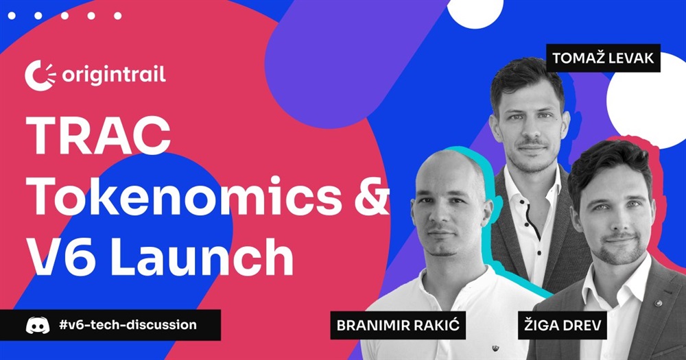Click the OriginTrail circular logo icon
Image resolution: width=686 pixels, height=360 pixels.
[40, 75]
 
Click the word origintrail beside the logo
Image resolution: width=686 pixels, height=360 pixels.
[114, 75]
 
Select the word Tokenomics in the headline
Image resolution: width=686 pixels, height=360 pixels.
[184, 195]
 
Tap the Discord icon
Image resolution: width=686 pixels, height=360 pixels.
[38, 326]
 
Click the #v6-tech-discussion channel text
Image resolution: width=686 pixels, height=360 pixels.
[128, 325]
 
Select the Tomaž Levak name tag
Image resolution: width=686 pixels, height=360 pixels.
[603, 58]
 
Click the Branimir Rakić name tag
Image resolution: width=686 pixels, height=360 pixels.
[398, 325]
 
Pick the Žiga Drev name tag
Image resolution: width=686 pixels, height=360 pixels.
[563, 325]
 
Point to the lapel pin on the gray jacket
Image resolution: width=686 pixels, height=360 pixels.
[657, 302]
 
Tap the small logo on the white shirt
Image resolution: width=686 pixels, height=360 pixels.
[495, 348]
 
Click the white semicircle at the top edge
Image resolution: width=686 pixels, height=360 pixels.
[475, 12]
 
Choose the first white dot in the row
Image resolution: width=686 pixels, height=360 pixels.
[12, 16]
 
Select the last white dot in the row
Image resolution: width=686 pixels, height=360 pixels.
[118, 16]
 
